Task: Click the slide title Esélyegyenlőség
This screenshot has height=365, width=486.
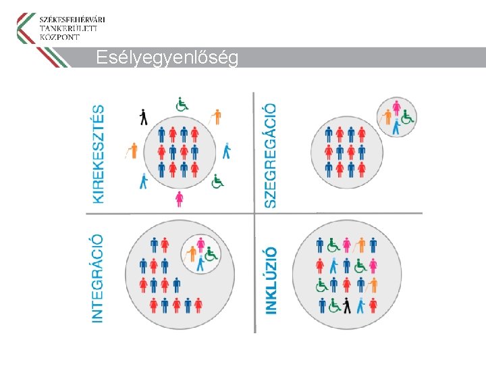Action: [167, 58]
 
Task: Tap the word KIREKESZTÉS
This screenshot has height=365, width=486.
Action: [99, 153]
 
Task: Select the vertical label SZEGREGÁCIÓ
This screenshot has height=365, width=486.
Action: [269, 155]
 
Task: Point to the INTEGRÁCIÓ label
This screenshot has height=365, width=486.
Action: [97, 278]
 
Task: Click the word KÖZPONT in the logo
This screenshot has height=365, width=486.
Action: [60, 37]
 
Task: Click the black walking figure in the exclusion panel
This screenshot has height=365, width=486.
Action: [143, 117]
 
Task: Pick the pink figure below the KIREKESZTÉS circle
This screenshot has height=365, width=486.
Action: [179, 199]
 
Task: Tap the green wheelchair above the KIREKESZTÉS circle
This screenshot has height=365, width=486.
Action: [182, 104]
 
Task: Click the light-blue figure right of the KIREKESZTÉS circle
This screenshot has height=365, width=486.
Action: [227, 150]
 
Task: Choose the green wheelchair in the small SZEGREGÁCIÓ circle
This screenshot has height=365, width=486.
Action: [407, 118]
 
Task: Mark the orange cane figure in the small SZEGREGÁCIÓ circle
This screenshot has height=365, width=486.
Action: [387, 118]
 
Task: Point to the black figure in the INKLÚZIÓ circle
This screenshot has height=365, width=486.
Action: [347, 306]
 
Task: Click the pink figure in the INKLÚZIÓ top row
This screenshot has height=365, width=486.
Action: [347, 245]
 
